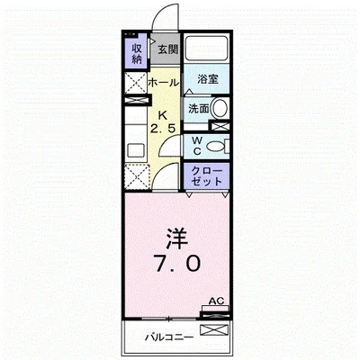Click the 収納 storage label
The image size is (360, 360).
pyautogui.click(x=137, y=54)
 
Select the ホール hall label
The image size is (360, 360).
pyautogui.click(x=164, y=82)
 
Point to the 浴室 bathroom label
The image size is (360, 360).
pyautogui.click(x=207, y=79)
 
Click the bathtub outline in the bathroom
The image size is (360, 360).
pyautogui.click(x=206, y=49)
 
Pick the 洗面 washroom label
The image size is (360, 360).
pyautogui.click(x=198, y=109)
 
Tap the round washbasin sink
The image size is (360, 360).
pyautogui.click(x=220, y=108)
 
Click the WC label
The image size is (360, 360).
pyautogui.click(x=197, y=146)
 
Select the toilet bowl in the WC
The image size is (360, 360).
pyautogui.click(x=215, y=147)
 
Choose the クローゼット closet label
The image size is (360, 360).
pyautogui.click(x=207, y=176)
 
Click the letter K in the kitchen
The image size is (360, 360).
pyautogui.click(x=162, y=114)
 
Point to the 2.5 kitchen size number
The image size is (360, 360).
pyautogui.click(x=163, y=129)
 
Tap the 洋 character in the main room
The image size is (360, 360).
pyautogui.click(x=177, y=239)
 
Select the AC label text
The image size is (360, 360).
pyautogui.click(x=217, y=301)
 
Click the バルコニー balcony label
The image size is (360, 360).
pyautogui.click(x=169, y=337)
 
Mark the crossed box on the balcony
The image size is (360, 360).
pyautogui.click(x=214, y=330)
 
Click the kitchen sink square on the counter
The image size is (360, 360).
pyautogui.click(x=135, y=150)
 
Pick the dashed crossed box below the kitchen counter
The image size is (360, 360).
pyautogui.click(x=137, y=176)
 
